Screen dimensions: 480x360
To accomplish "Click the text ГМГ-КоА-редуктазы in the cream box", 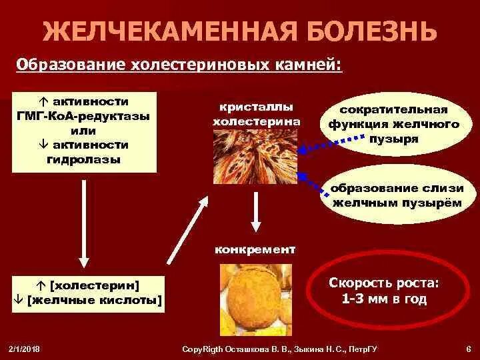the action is [83, 115].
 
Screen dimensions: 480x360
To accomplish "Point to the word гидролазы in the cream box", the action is [84, 159].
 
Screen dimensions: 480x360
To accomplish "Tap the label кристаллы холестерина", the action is [256, 115].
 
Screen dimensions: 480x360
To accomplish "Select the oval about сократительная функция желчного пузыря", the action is [393, 125].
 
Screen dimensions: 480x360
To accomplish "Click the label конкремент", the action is [255, 250].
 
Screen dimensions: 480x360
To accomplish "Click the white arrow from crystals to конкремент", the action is [255, 213].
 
